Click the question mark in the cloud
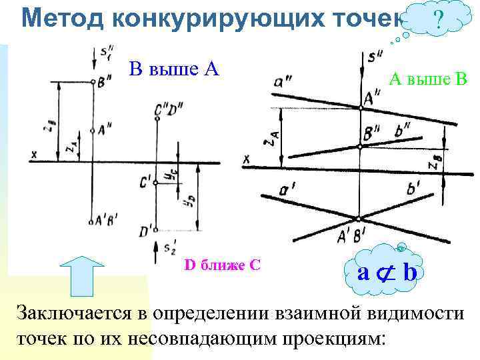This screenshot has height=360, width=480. click(438, 20)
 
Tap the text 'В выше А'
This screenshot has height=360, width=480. click(175, 69)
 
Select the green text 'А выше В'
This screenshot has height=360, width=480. click(429, 81)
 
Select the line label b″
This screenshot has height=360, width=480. click(401, 132)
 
